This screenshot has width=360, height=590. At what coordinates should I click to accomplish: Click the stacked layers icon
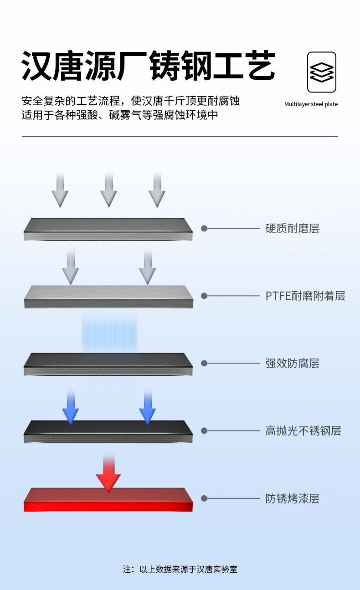click(x=322, y=72)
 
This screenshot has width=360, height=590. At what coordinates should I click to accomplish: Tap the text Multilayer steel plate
click(x=311, y=104)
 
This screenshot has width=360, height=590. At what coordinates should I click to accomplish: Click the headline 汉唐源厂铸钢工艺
click(x=149, y=66)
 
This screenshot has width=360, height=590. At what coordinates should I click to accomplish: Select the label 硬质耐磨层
click(x=292, y=228)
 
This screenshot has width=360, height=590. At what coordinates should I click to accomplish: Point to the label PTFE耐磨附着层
click(x=305, y=296)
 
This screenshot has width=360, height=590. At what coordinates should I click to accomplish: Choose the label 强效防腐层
click(x=292, y=363)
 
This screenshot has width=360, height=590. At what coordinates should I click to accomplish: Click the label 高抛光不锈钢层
click(x=303, y=431)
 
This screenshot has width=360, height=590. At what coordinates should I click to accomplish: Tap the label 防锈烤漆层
click(x=292, y=498)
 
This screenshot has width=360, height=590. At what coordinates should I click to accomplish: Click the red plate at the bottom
click(x=108, y=500)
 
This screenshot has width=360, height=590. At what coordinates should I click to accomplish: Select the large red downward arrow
click(x=108, y=474)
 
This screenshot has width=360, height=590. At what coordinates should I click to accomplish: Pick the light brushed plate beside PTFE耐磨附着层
click(x=108, y=297)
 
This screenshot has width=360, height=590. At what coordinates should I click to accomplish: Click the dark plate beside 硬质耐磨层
click(x=108, y=230)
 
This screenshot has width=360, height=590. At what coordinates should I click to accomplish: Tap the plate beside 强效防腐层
click(x=108, y=364)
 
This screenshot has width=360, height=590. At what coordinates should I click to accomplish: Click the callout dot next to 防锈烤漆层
click(x=204, y=498)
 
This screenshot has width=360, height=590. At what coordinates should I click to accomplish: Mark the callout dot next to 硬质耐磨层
click(x=204, y=228)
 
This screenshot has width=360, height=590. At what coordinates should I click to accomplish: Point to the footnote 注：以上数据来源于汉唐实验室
click(x=180, y=569)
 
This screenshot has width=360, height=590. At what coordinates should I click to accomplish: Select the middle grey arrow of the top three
click(x=108, y=190)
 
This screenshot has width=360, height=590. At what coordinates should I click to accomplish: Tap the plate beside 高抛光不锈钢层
click(x=108, y=432)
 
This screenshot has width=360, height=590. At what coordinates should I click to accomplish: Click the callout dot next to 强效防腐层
click(x=204, y=363)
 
